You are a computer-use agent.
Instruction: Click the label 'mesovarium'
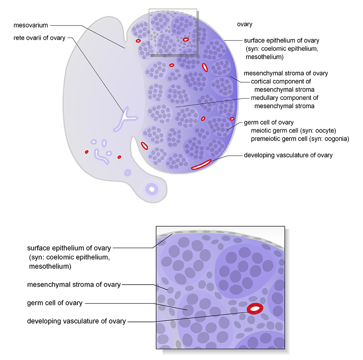pos(31,25)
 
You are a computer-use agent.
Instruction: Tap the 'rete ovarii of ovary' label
pos(39,39)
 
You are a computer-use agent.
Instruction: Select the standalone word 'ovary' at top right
pos(245,24)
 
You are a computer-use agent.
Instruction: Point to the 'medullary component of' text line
pos(284,98)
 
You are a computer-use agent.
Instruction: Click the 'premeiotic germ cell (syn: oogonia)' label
pos(300,139)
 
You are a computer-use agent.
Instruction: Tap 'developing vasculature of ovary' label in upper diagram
pos(288,155)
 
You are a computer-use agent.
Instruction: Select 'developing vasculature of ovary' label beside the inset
pos(76,321)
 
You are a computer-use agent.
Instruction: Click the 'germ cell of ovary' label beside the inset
pos(55,303)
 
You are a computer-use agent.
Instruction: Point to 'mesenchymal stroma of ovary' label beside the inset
pos(74,285)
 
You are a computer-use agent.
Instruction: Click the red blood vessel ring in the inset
pos(255,309)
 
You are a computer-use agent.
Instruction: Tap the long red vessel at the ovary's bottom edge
pos(201,165)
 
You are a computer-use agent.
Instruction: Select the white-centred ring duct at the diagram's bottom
pos(152,189)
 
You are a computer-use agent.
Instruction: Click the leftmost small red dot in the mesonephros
pos(86,152)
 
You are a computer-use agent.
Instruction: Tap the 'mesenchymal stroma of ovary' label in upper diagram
pos(286,73)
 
